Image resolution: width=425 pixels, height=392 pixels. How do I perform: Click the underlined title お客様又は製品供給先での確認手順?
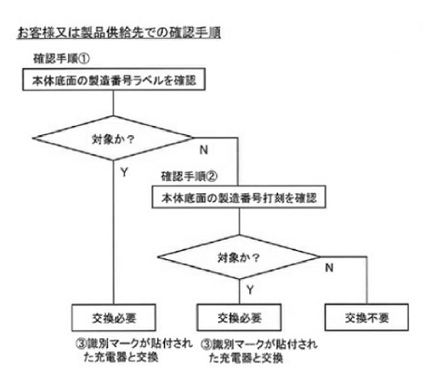click(x=119, y=33)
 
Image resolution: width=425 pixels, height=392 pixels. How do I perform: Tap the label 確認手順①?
click(x=61, y=59)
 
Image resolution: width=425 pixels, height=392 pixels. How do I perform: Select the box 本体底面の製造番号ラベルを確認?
click(x=114, y=79)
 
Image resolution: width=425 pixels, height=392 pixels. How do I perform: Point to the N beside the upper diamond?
click(x=204, y=150)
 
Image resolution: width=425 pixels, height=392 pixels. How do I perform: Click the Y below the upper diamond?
click(x=124, y=172)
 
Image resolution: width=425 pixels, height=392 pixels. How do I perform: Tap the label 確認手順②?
click(x=190, y=176)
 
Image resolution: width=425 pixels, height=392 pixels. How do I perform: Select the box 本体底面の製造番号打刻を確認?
click(x=239, y=197)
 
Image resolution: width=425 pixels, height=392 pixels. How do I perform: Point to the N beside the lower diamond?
click(x=329, y=268)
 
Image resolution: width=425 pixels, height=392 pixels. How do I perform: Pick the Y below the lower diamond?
click(x=250, y=290)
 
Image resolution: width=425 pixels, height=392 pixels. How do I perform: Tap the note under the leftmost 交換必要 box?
click(x=133, y=350)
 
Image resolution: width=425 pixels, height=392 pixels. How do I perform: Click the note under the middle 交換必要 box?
click(x=259, y=351)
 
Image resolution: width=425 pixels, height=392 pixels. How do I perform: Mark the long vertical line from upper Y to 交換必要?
click(x=113, y=232)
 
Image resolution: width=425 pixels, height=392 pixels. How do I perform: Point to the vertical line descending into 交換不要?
click(x=367, y=281)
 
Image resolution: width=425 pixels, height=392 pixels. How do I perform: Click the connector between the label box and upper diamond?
click(x=113, y=103)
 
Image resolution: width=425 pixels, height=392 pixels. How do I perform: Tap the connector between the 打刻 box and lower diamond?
click(x=240, y=222)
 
